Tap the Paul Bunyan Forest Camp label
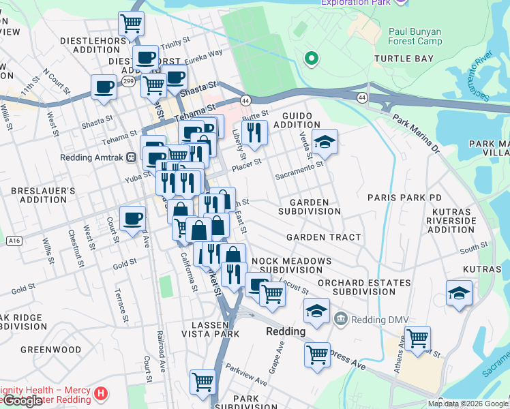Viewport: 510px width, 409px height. click(x=415, y=36)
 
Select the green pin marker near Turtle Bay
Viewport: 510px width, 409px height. click(x=312, y=59)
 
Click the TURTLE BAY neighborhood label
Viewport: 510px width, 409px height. click(x=404, y=59)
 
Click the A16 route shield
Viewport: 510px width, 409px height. click(x=13, y=241)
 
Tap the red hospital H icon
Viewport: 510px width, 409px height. click(x=101, y=393)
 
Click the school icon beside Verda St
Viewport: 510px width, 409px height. click(x=325, y=142)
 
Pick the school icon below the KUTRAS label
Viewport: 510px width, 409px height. click(x=459, y=294)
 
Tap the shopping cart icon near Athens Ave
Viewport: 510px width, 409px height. click(x=417, y=338)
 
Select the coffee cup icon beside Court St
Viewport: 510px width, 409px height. click(x=132, y=219)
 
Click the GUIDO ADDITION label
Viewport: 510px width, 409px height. click(x=297, y=121)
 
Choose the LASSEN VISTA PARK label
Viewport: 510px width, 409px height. click(x=210, y=329)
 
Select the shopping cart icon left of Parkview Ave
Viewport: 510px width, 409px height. click(x=202, y=382)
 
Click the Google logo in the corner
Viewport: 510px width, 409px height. click(x=22, y=401)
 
